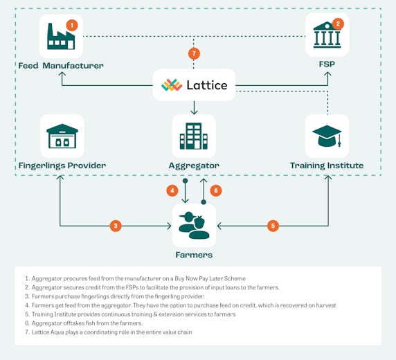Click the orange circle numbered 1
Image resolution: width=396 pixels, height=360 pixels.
pos(72,25)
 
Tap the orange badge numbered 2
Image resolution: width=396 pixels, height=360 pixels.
pos(338,24)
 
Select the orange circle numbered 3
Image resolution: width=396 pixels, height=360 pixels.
pos(116,226)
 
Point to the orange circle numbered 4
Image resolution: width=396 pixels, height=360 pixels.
pos(172,190)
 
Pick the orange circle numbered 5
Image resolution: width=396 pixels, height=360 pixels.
pos(273,226)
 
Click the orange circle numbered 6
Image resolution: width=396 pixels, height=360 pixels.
pos(216,190)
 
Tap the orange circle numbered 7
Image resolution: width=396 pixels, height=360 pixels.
pos(194,53)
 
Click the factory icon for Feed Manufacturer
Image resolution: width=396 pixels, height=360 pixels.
pos(61,36)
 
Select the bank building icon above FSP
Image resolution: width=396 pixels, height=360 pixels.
pos(327,35)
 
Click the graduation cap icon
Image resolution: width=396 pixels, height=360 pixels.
pos(327,136)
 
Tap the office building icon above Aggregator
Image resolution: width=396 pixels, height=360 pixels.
pos(194,136)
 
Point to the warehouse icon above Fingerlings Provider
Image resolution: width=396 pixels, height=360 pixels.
pos(62,136)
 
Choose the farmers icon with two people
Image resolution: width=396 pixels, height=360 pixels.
pos(194,226)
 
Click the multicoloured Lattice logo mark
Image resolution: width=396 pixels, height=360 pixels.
pos(172,85)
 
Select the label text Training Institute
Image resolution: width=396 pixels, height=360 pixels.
pos(327,165)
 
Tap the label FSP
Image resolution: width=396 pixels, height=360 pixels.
pos(327,64)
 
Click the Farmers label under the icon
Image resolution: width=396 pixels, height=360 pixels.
pos(194,255)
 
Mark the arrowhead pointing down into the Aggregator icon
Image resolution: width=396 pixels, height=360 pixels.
pos(194,111)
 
